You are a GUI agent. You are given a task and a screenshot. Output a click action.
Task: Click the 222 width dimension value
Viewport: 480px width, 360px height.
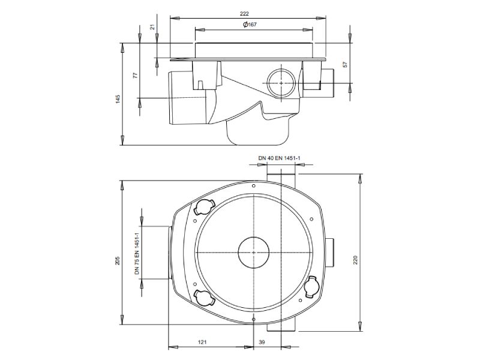coord(244,13)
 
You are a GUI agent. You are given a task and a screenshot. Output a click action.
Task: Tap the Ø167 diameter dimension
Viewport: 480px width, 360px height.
coord(250,25)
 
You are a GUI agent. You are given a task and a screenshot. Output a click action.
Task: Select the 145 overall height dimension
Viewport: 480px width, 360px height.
coord(118,99)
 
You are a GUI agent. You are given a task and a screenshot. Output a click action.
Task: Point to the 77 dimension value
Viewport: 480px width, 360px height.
coord(136,75)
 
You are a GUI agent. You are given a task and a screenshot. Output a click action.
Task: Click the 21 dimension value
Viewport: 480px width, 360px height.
coord(153,27)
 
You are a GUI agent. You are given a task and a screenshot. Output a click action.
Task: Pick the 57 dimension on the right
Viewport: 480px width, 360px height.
coord(346,64)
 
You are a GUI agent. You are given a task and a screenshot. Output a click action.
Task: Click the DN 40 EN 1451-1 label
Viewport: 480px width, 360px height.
coord(279,158)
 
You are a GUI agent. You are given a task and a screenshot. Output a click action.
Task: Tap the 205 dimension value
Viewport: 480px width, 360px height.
coord(118,260)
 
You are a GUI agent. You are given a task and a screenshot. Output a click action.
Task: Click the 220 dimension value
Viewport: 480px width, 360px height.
coord(355,260)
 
